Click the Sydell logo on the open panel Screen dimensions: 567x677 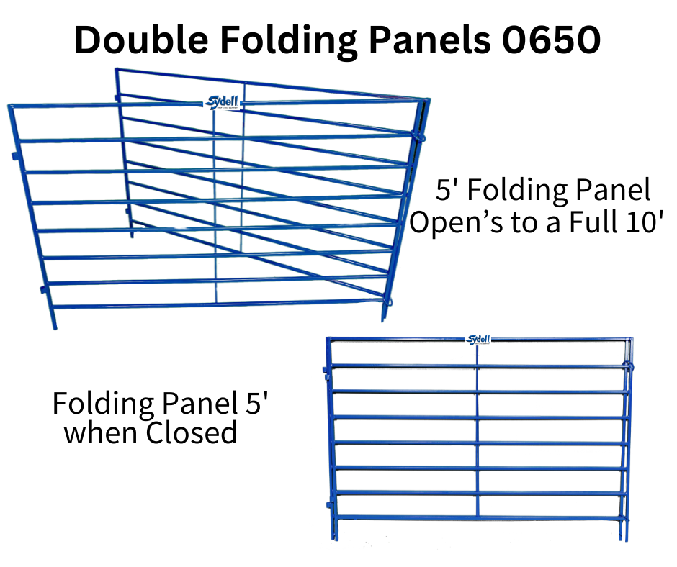(223, 104)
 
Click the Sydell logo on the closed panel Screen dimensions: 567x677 (478, 340)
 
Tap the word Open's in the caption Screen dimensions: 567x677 (453, 222)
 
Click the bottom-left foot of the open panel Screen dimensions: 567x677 (53, 324)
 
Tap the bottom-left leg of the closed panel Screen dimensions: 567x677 (333, 533)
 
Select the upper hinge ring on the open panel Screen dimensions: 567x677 (421, 134)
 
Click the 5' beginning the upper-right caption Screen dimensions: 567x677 (445, 191)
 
